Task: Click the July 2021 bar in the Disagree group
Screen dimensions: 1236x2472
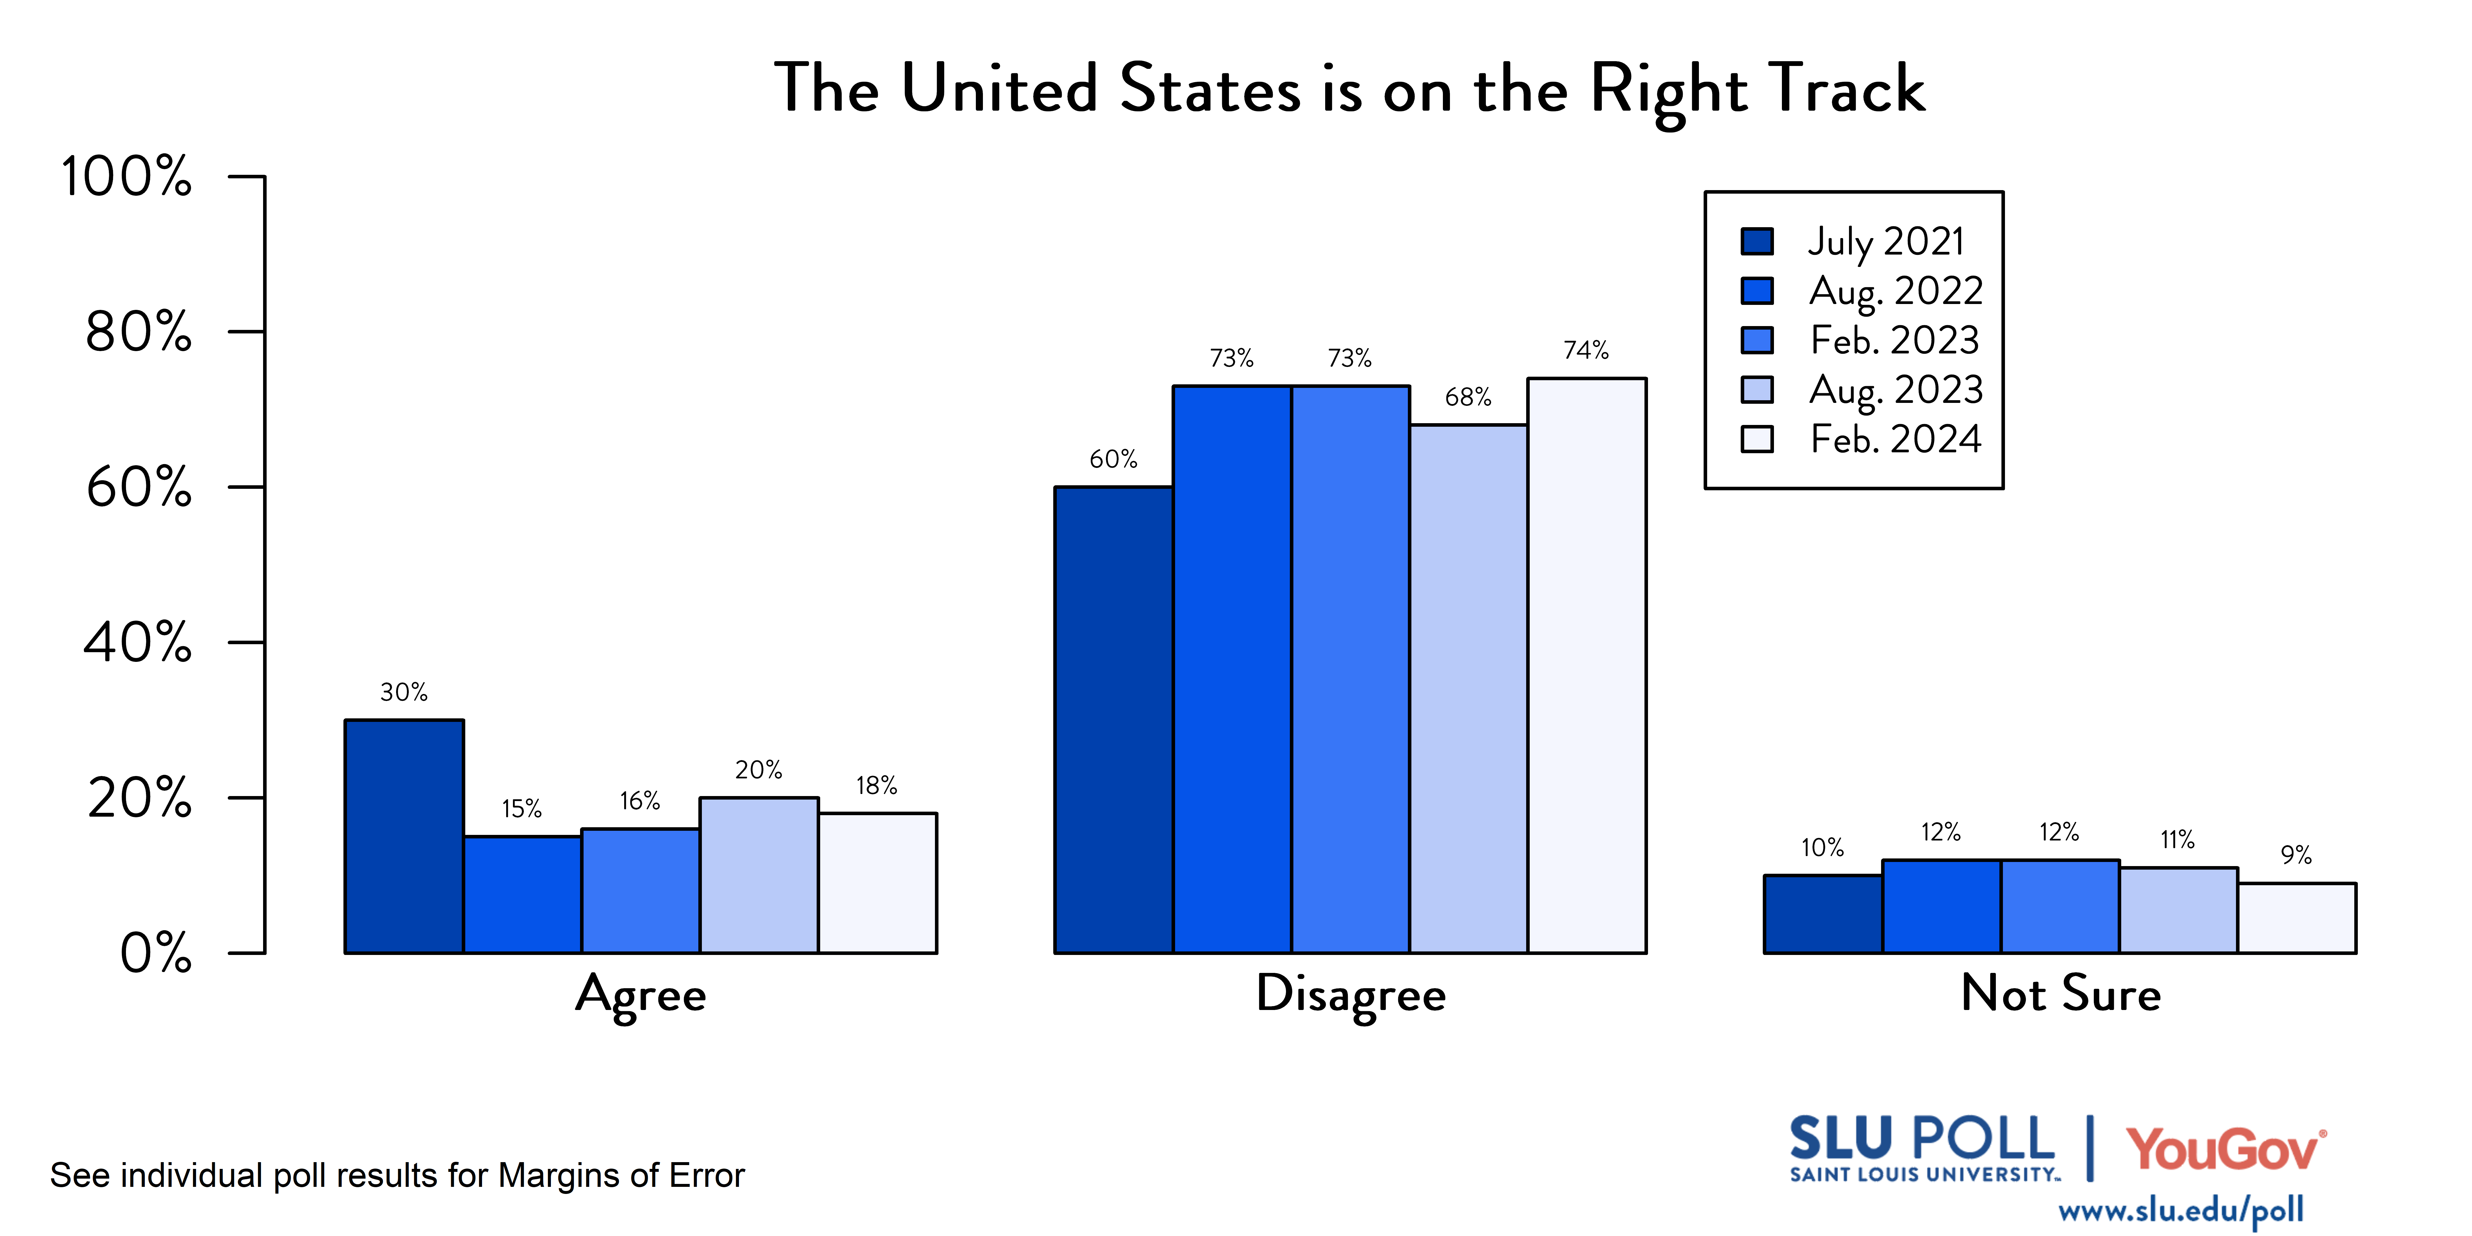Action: coord(1113,720)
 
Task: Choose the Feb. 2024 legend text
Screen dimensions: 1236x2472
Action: coord(1895,439)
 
